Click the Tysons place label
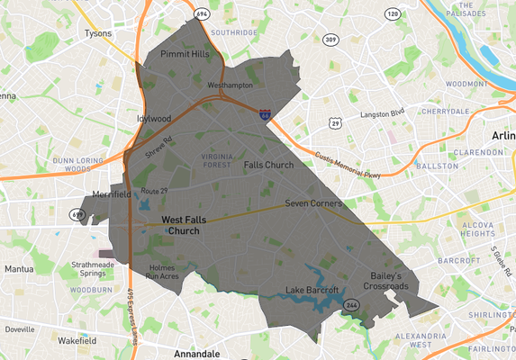click(x=96, y=33)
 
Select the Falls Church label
click(x=268, y=165)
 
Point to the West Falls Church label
click(x=192, y=225)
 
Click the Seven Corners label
click(x=313, y=203)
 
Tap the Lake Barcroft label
click(x=312, y=290)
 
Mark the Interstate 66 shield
click(x=264, y=114)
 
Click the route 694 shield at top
click(x=201, y=14)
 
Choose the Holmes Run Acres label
click(x=162, y=272)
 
